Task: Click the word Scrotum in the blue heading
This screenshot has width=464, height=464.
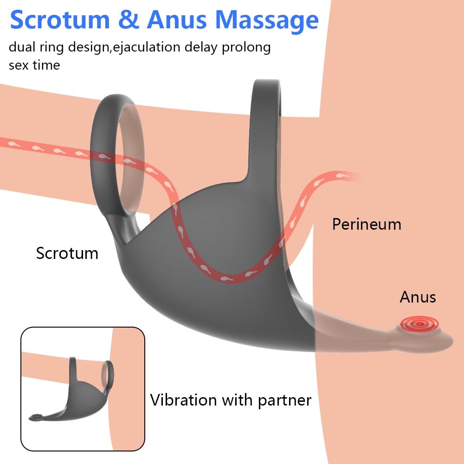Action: (x=60, y=20)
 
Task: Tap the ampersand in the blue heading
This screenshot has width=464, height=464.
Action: (x=129, y=20)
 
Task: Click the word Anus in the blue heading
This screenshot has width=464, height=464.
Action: (x=177, y=20)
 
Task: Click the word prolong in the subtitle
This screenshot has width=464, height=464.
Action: (x=246, y=48)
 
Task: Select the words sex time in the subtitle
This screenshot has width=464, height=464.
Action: (x=34, y=65)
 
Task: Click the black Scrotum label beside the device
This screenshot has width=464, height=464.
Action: (x=67, y=253)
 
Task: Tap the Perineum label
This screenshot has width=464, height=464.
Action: (x=367, y=224)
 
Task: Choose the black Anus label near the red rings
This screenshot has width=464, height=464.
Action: (x=418, y=297)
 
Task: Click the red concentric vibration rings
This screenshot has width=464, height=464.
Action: (x=419, y=324)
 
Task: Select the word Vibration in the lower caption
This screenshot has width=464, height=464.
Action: (x=183, y=400)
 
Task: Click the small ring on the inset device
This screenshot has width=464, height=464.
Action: (x=108, y=374)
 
